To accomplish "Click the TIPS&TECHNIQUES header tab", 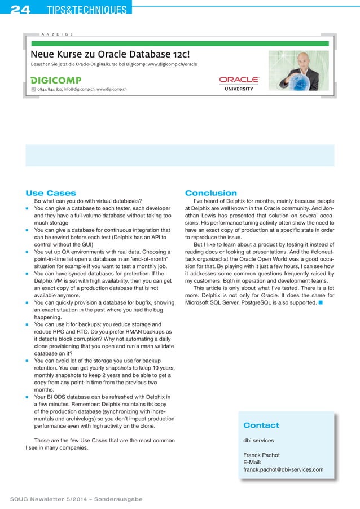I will click(86, 10).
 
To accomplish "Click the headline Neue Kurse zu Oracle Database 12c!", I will click(110, 55).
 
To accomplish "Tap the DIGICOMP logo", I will click(56, 80).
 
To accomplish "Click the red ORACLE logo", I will click(239, 80).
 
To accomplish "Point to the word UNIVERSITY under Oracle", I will click(239, 89).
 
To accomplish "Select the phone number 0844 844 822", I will click(50, 89).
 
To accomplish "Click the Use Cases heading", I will click(51, 193).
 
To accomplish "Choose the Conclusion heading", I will click(210, 193).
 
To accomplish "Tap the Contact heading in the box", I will click(261, 425).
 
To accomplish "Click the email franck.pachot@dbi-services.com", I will click(283, 469).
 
